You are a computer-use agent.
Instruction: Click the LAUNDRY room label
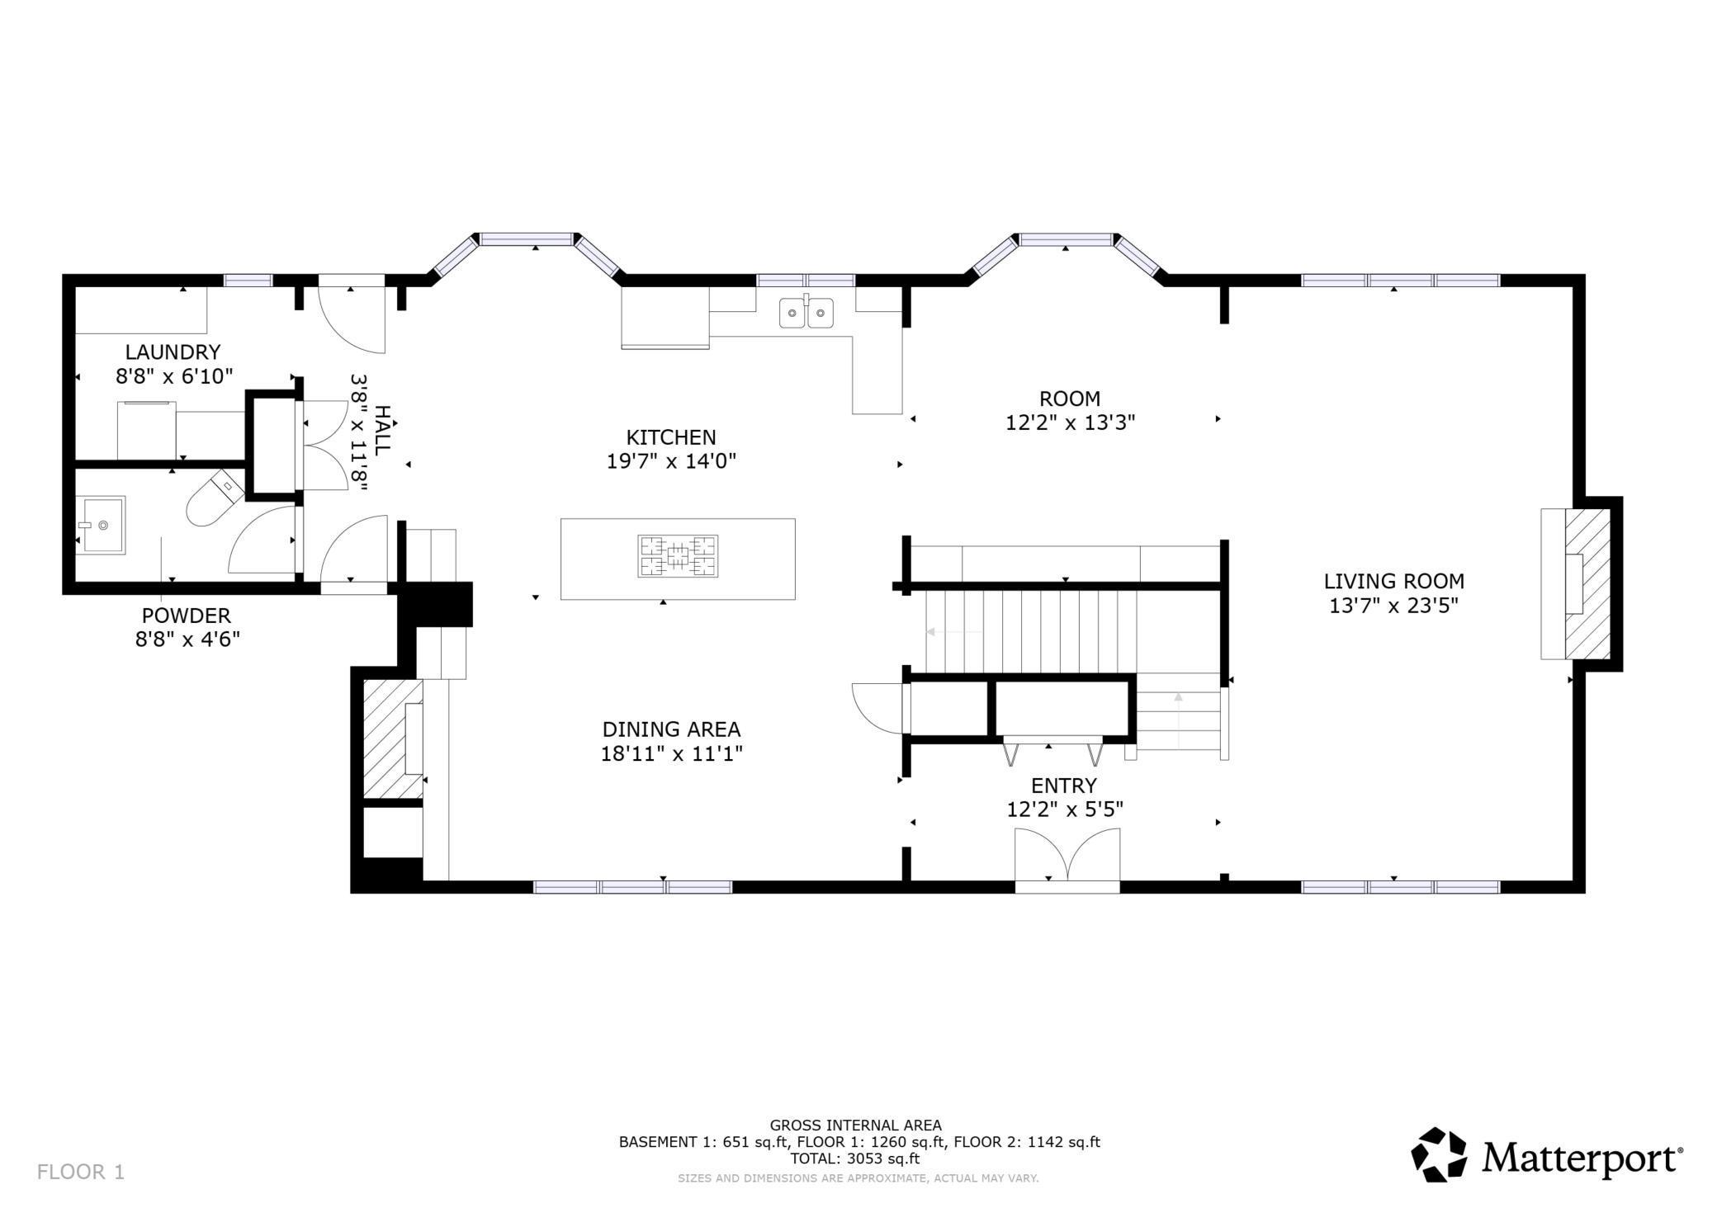[x=173, y=352]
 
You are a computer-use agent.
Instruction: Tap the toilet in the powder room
[x=214, y=498]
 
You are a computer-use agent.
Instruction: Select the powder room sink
[x=101, y=525]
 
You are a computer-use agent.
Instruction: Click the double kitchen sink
[x=806, y=313]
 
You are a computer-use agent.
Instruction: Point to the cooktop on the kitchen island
[x=678, y=555]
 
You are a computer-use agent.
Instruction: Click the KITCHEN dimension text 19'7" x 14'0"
[x=671, y=460]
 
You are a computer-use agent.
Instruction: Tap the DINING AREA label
[x=671, y=729]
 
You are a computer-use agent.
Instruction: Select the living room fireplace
[x=1576, y=583]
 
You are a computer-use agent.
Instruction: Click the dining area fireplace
[x=394, y=739]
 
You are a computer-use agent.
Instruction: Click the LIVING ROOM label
[x=1394, y=581]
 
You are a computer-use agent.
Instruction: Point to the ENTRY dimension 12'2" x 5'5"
[x=1065, y=809]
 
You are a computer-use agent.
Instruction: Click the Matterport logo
[x=1546, y=1156]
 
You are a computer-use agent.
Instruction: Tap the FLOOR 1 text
[x=81, y=1172]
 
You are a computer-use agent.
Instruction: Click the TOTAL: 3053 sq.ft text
[x=855, y=1159]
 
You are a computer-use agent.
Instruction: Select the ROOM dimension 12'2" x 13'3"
[x=1070, y=422]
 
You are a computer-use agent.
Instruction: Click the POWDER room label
[x=187, y=616]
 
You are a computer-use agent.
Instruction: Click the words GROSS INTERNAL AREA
[x=855, y=1125]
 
